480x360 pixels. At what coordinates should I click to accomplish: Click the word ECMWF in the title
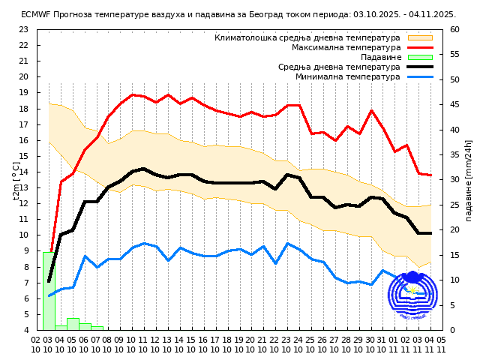click(36, 14)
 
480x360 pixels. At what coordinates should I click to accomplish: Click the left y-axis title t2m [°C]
click(16, 180)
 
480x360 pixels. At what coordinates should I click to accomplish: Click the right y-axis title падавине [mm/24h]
click(469, 180)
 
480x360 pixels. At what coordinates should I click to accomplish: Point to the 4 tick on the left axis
click(26, 330)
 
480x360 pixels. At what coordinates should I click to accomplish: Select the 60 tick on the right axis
click(455, 29)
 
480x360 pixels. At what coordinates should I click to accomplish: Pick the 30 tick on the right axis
click(455, 180)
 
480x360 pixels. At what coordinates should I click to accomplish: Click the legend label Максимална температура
click(346, 47)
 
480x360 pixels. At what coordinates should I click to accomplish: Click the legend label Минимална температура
click(348, 76)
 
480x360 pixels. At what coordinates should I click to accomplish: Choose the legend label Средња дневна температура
click(339, 67)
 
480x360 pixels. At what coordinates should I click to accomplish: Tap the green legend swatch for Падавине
click(420, 57)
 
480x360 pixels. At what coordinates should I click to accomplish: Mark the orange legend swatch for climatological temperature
click(420, 37)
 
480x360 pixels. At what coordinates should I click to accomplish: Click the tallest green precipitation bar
click(49, 291)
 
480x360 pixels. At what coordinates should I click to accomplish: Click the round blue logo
click(412, 295)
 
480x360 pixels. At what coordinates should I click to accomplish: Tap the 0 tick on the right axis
click(452, 330)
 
